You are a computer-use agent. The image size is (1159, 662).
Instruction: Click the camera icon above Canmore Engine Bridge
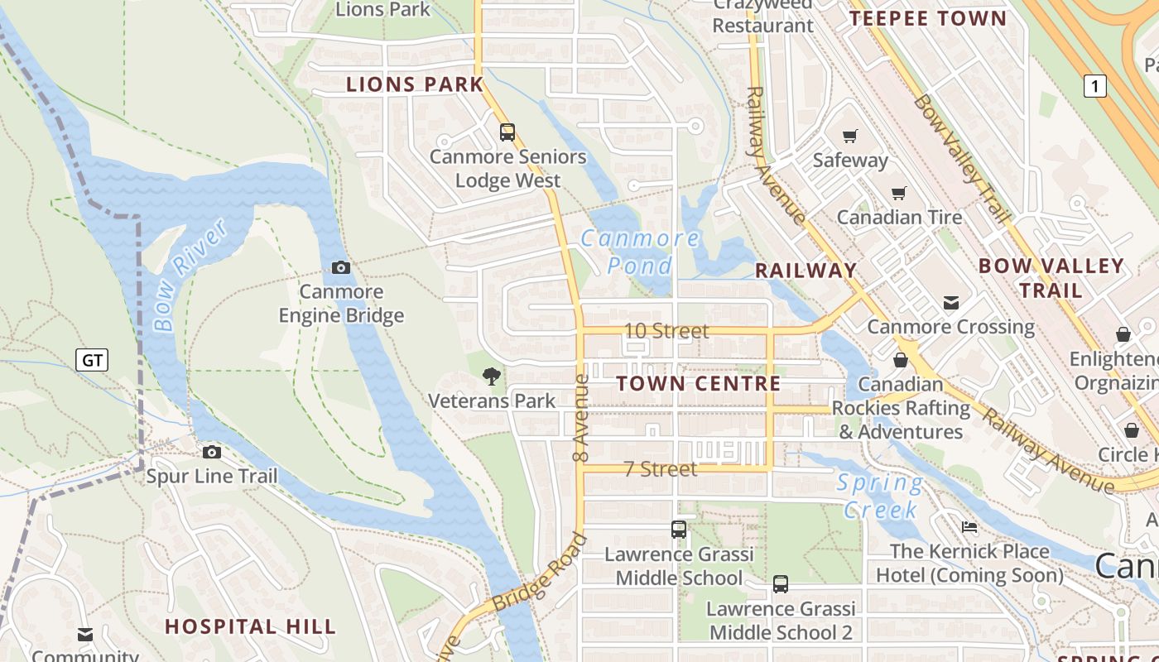click(x=340, y=267)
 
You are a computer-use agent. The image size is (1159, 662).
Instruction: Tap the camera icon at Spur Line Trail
click(x=212, y=452)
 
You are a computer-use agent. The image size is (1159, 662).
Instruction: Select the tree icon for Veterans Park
click(x=492, y=377)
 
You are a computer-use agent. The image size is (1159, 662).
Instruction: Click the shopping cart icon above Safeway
click(x=850, y=136)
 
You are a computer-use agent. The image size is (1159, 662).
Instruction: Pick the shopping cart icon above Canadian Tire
click(x=899, y=193)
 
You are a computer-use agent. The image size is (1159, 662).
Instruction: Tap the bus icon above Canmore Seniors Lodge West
click(x=507, y=132)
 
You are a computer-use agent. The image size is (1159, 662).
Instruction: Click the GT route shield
click(x=92, y=360)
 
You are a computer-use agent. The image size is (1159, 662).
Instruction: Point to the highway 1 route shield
click(x=1095, y=85)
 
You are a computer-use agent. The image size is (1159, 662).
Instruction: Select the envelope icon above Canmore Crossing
click(x=950, y=303)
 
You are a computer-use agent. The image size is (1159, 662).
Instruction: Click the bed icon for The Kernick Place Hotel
click(x=969, y=527)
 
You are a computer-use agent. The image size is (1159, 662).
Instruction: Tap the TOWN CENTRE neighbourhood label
click(x=699, y=383)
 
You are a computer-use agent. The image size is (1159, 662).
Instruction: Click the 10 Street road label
click(x=666, y=331)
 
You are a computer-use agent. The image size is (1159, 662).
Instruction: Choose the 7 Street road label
click(x=661, y=469)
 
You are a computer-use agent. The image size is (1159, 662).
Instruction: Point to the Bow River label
click(x=190, y=275)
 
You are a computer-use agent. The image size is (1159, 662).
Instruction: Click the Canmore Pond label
click(x=640, y=252)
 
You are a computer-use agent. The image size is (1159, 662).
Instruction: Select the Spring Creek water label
click(x=880, y=496)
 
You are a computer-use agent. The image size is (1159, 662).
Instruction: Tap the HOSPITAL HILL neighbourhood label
click(x=251, y=626)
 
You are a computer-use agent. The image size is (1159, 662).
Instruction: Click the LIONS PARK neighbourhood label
click(x=415, y=84)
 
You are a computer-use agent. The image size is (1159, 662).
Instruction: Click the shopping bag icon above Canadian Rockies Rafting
click(x=901, y=360)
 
